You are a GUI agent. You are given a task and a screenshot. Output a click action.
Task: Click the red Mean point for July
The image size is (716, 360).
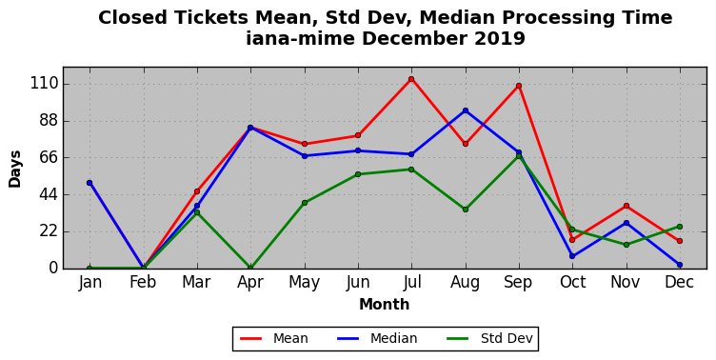tap(411, 79)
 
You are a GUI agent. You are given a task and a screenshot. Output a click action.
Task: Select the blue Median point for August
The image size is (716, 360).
tap(466, 110)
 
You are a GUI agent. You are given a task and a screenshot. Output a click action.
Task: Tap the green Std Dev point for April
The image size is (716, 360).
tap(250, 268)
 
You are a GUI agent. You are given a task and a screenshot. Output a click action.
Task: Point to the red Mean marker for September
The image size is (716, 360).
tap(519, 86)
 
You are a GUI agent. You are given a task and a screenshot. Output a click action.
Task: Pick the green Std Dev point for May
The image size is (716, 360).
tap(305, 203)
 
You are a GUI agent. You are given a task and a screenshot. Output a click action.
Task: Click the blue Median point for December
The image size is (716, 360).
tap(680, 265)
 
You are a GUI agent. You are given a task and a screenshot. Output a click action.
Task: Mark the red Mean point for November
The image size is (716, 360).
tap(626, 206)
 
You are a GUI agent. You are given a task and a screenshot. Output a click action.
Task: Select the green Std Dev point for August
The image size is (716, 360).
tap(466, 210)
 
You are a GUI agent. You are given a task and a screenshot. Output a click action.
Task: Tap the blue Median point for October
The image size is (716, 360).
tap(572, 256)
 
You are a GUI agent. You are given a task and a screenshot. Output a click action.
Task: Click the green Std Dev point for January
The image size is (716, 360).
tap(89, 269)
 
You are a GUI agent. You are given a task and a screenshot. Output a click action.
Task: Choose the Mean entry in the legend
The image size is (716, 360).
tap(274, 338)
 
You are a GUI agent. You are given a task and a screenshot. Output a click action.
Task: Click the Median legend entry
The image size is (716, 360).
tap(377, 338)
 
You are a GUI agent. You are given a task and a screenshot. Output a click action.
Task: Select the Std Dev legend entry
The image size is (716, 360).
tap(489, 338)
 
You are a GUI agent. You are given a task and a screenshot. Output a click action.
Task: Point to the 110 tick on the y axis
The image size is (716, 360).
tap(45, 84)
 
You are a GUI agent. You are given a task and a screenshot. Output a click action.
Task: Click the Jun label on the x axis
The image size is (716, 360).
tap(358, 282)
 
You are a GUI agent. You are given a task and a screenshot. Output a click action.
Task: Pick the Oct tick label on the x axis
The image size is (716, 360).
tap(572, 282)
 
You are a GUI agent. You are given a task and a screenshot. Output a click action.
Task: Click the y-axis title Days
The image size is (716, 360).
tap(15, 169)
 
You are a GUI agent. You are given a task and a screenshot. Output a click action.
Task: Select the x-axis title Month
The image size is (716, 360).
tap(384, 304)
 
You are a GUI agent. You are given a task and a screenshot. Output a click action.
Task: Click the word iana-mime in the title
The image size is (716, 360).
tap(300, 38)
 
